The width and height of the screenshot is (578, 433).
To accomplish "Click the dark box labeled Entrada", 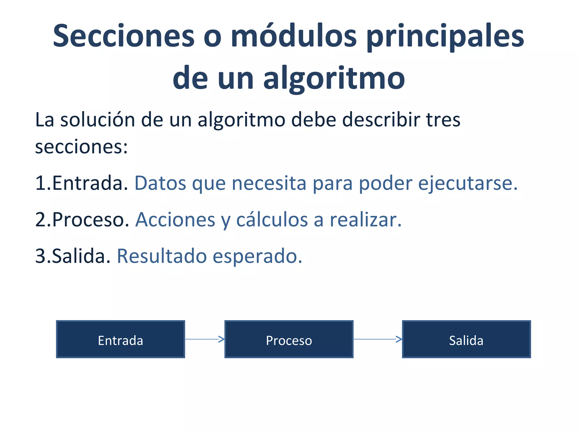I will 121,339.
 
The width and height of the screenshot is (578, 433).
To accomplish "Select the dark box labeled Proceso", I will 289,339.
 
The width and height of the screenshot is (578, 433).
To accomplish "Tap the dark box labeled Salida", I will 466,339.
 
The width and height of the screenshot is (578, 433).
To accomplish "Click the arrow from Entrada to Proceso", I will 205,339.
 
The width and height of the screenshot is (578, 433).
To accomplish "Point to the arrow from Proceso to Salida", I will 378,339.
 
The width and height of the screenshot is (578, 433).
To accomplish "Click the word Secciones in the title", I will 124,36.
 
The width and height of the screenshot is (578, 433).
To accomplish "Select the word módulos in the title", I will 294,36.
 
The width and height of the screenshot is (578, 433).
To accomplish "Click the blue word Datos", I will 160,183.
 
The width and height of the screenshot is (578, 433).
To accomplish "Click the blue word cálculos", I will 272,220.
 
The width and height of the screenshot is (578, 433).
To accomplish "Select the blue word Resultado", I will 162,256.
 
